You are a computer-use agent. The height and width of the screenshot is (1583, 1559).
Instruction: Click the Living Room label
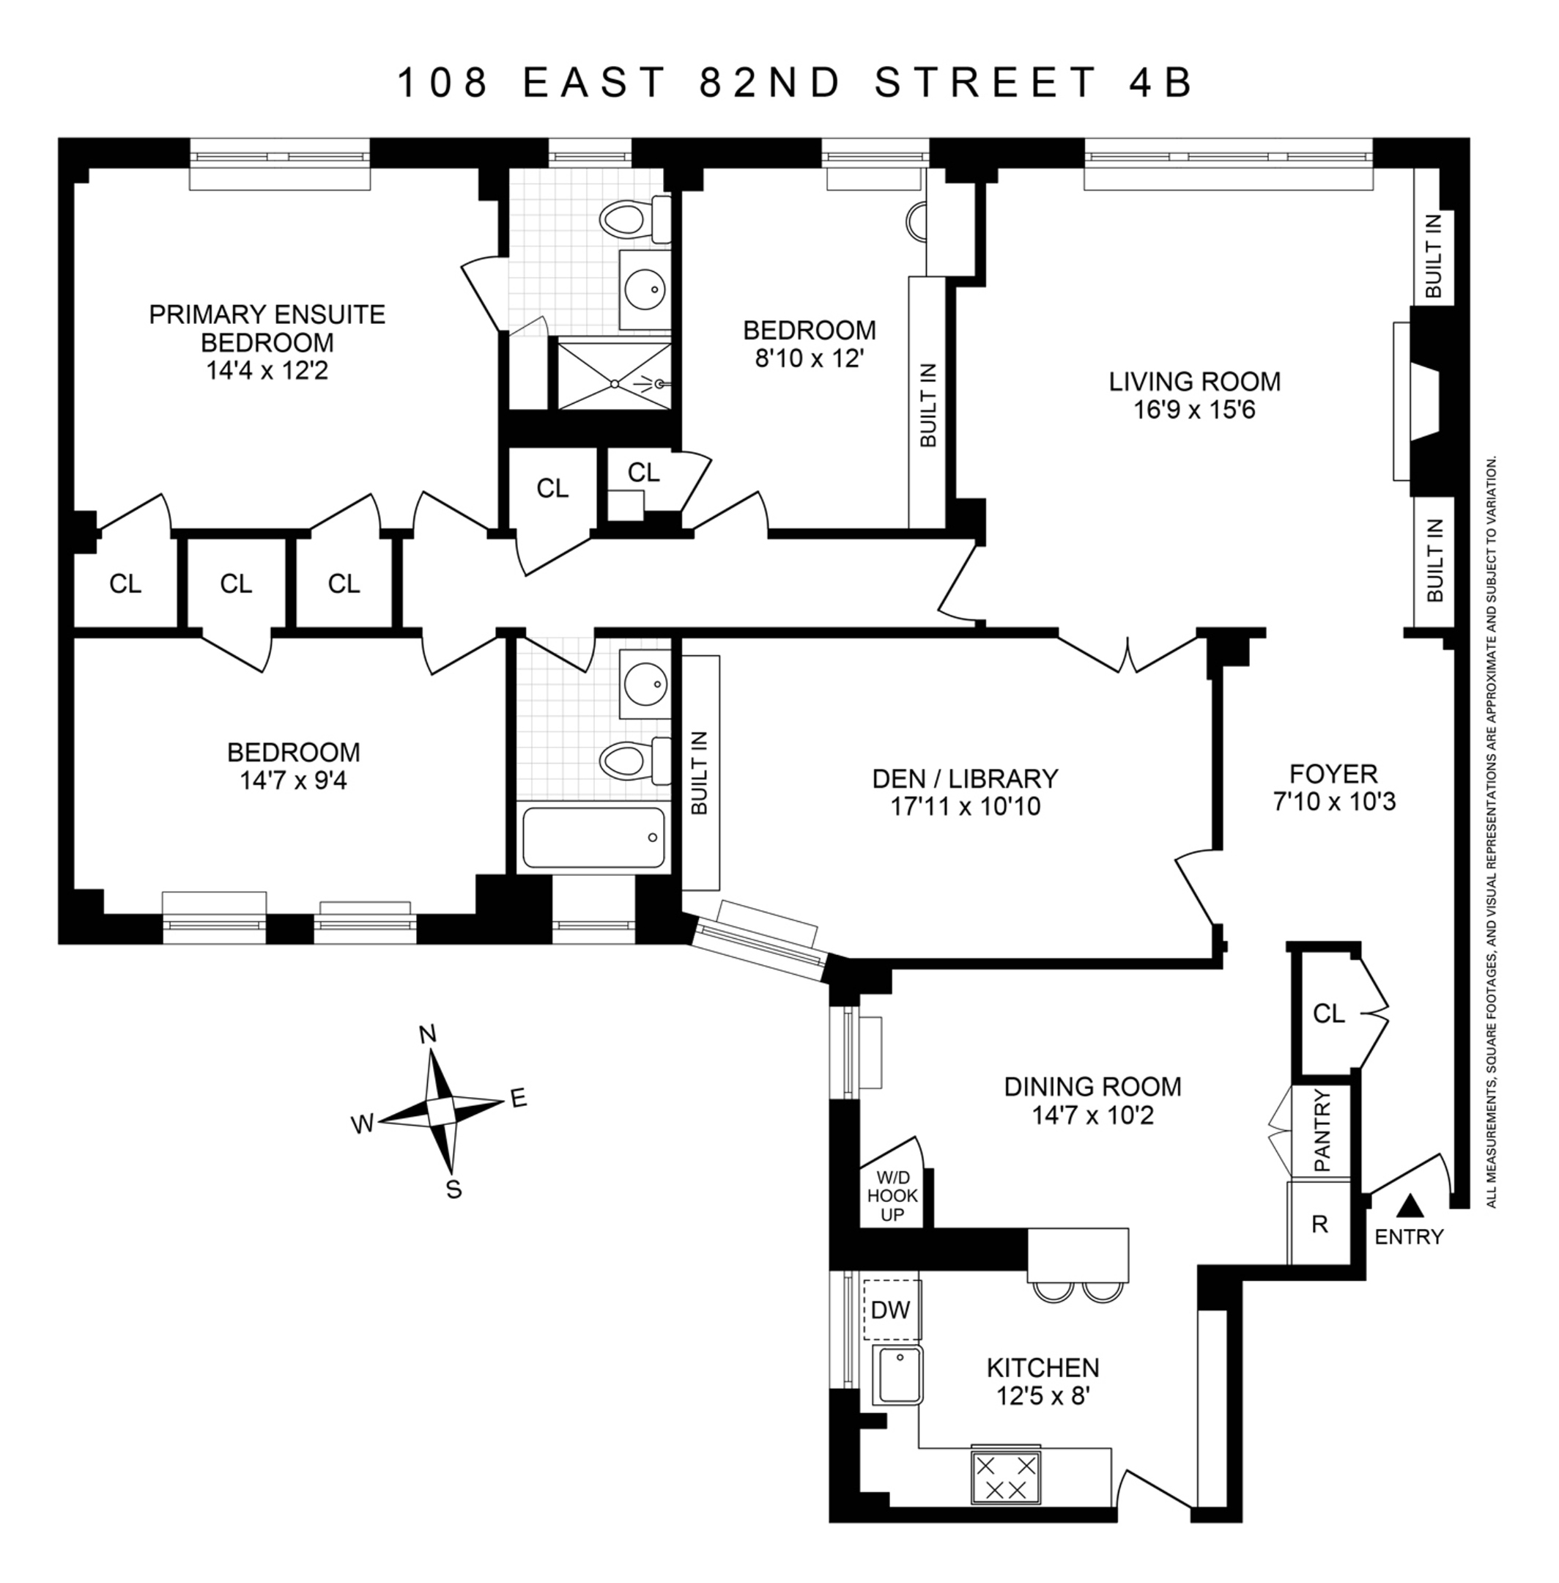(x=1194, y=382)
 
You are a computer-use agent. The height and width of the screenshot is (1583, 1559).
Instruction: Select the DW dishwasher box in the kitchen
(x=891, y=1310)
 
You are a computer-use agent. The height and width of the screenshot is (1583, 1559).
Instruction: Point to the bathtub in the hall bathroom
(x=593, y=837)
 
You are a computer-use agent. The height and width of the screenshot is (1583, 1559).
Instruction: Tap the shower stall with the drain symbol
(x=614, y=377)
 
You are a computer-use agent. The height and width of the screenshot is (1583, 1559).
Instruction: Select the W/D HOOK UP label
(x=892, y=1197)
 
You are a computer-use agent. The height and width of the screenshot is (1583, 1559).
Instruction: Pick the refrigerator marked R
(x=1319, y=1223)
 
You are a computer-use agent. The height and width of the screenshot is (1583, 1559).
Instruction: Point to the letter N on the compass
(x=426, y=1035)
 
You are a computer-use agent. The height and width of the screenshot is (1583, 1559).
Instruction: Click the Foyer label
(x=1333, y=773)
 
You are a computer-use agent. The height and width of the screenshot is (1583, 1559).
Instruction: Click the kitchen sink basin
(x=897, y=1375)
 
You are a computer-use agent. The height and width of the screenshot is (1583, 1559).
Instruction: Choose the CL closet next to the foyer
(x=1328, y=1014)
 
